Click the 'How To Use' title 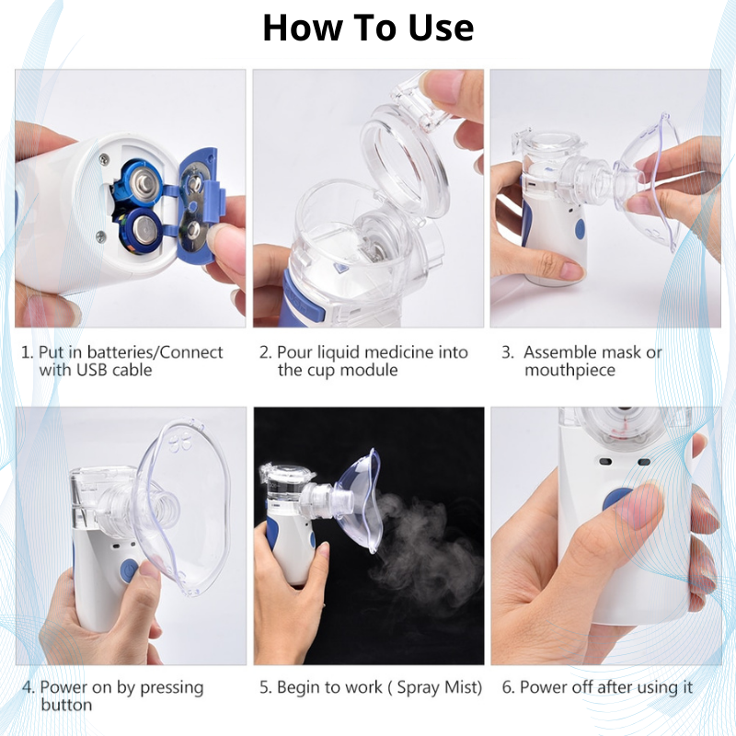pos(368,28)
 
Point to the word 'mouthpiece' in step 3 pos(569,370)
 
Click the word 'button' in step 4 pos(66,706)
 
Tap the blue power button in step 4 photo pos(129,570)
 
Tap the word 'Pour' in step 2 pos(294,352)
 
